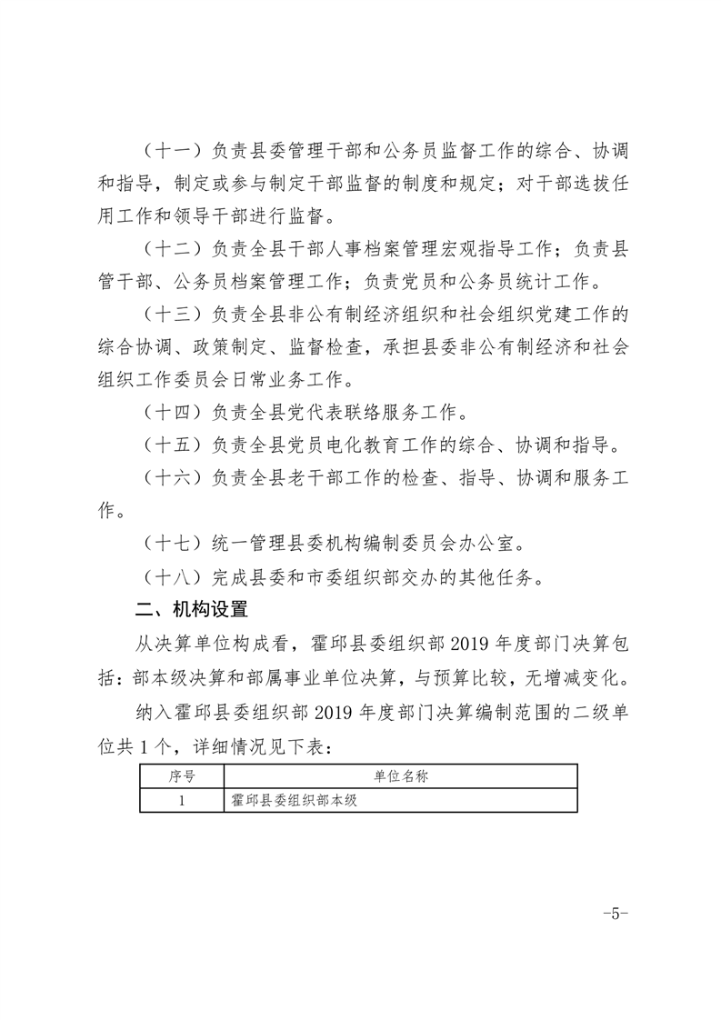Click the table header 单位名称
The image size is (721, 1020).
point(400,777)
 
